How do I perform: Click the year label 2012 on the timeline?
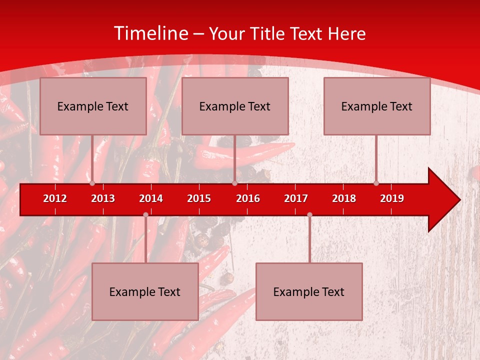(55, 198)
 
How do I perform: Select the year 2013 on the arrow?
(103, 198)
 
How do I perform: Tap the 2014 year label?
(151, 198)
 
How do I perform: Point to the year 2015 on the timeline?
(199, 198)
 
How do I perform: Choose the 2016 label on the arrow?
(248, 198)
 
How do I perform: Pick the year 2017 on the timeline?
(296, 198)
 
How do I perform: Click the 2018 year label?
(344, 198)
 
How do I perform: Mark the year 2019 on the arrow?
(392, 198)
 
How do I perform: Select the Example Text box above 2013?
(93, 106)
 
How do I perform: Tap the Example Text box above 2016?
(235, 106)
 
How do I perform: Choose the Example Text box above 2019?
(377, 106)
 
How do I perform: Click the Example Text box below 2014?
(145, 291)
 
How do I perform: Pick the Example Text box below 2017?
(309, 291)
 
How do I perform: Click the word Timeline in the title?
(150, 33)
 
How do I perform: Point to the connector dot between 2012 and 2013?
(92, 183)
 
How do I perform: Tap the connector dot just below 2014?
(145, 214)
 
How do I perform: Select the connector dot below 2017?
(309, 214)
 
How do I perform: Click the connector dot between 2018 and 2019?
(376, 183)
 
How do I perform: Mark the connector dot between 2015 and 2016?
(234, 183)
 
